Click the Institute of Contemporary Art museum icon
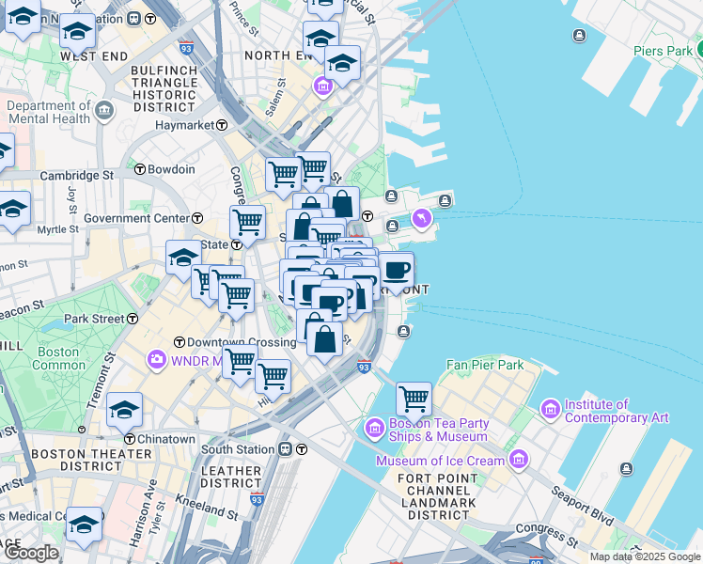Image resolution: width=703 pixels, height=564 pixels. tap(551, 410)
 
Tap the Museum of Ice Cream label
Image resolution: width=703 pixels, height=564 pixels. tap(439, 461)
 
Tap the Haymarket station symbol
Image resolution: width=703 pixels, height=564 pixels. tap(222, 125)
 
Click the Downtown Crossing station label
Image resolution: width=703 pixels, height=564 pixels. tap(242, 342)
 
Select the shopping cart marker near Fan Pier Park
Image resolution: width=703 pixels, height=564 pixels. tap(414, 399)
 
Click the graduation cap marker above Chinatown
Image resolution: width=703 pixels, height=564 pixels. tap(124, 410)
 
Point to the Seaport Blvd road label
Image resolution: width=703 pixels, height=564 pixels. tap(587, 517)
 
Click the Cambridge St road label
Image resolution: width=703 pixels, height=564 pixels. tap(81, 175)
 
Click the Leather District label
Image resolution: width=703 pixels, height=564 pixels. tap(230, 477)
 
